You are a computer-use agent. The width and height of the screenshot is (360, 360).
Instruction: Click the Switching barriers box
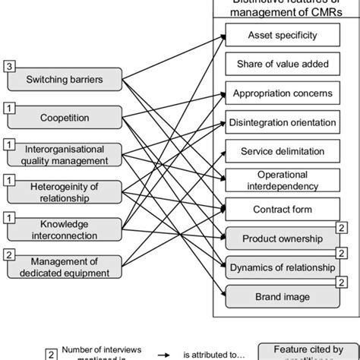pyautogui.click(x=64, y=79)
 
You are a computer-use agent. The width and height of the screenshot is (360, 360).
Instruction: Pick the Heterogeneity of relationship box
pyautogui.click(x=64, y=191)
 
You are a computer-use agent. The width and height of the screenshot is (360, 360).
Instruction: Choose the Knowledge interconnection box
pyautogui.click(x=64, y=229)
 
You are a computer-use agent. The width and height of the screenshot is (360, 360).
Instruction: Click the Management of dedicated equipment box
pyautogui.click(x=64, y=267)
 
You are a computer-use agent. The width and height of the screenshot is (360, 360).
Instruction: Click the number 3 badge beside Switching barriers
pyautogui.click(x=9, y=68)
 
